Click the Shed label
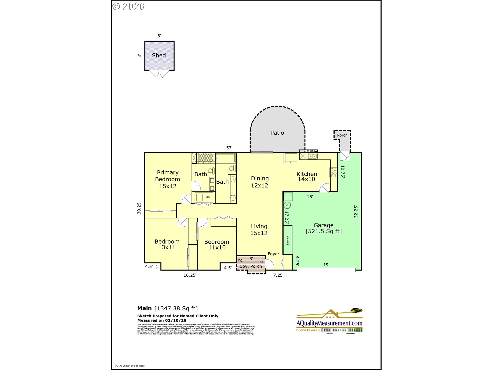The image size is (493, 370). (x=159, y=55)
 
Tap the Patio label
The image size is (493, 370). (x=277, y=133)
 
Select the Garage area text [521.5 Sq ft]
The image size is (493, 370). (x=324, y=231)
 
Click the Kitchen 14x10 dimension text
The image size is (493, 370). (x=306, y=179)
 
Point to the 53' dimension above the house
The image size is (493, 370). (x=229, y=148)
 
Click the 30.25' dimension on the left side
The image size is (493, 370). (x=139, y=208)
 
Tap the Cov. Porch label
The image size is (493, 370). (x=251, y=266)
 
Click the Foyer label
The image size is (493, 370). (x=273, y=254)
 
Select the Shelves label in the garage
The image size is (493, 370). (x=287, y=240)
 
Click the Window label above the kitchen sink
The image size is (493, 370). (x=312, y=151)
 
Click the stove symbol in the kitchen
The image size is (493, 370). (x=333, y=172)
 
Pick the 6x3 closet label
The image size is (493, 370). (x=208, y=197)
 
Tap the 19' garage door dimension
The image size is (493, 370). (x=326, y=265)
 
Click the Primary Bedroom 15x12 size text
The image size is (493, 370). (x=168, y=186)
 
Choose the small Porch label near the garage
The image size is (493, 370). (x=342, y=135)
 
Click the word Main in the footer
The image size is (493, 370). (x=144, y=308)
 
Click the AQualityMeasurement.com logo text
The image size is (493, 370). (x=329, y=323)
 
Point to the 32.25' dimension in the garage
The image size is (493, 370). (x=356, y=211)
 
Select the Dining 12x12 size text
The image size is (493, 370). (x=259, y=186)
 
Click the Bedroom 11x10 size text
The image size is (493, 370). (x=217, y=247)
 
